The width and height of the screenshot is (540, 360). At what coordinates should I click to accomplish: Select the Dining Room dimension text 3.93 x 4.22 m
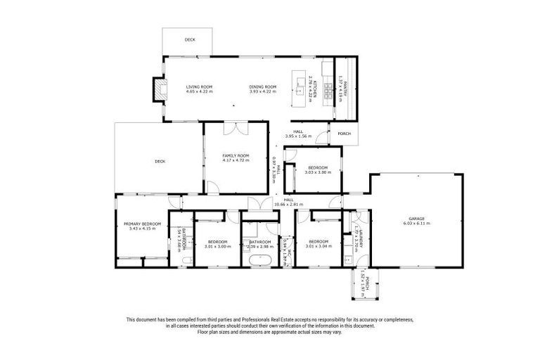tap(263, 91)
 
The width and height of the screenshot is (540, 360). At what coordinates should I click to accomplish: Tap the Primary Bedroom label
tap(141, 223)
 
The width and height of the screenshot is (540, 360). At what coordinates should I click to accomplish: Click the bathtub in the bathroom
tap(259, 260)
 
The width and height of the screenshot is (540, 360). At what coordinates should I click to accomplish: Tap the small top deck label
tap(190, 40)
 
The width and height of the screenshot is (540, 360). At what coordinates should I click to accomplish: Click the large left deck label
tap(160, 161)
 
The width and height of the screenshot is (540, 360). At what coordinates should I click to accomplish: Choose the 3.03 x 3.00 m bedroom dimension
tap(317, 172)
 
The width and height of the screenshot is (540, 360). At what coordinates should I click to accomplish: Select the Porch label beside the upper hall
tap(344, 134)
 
